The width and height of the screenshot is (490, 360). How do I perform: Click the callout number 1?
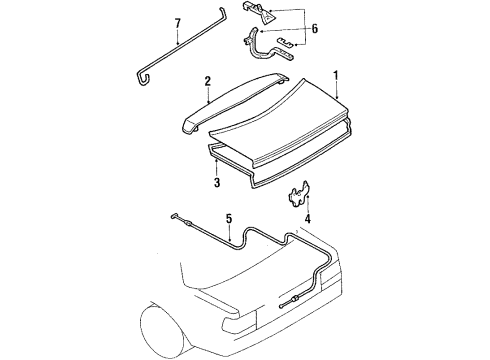pyautogui.click(x=337, y=75)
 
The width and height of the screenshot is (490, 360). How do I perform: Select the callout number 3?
pyautogui.click(x=215, y=184)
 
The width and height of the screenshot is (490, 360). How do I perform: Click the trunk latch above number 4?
pyautogui.click(x=299, y=196)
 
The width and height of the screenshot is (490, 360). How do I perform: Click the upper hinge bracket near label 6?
pyautogui.click(x=265, y=14)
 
